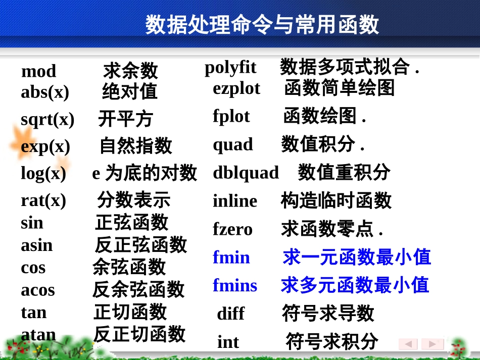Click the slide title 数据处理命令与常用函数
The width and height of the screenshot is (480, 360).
click(262, 24)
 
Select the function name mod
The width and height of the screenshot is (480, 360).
click(38, 71)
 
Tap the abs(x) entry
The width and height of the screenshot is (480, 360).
click(45, 92)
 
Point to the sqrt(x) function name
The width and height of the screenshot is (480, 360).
click(47, 119)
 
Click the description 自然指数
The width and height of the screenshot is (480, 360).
click(135, 146)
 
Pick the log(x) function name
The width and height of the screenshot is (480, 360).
click(43, 173)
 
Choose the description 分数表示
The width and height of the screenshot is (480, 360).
click(133, 200)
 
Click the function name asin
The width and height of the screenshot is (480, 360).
click(36, 245)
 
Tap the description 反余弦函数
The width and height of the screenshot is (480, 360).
click(138, 290)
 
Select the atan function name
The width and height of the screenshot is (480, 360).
click(38, 334)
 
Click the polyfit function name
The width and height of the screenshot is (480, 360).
click(230, 67)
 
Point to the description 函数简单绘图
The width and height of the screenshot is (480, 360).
click(339, 88)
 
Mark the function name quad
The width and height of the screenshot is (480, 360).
click(233, 144)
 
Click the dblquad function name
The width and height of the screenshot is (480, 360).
click(246, 173)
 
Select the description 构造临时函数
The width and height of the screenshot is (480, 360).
click(336, 200)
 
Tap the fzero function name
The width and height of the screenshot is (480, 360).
click(232, 229)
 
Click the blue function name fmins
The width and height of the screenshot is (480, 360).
click(235, 285)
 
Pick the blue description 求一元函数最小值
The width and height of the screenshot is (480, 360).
click(357, 257)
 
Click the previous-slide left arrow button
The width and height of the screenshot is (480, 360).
click(408, 344)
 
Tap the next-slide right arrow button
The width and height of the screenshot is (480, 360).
click(433, 344)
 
